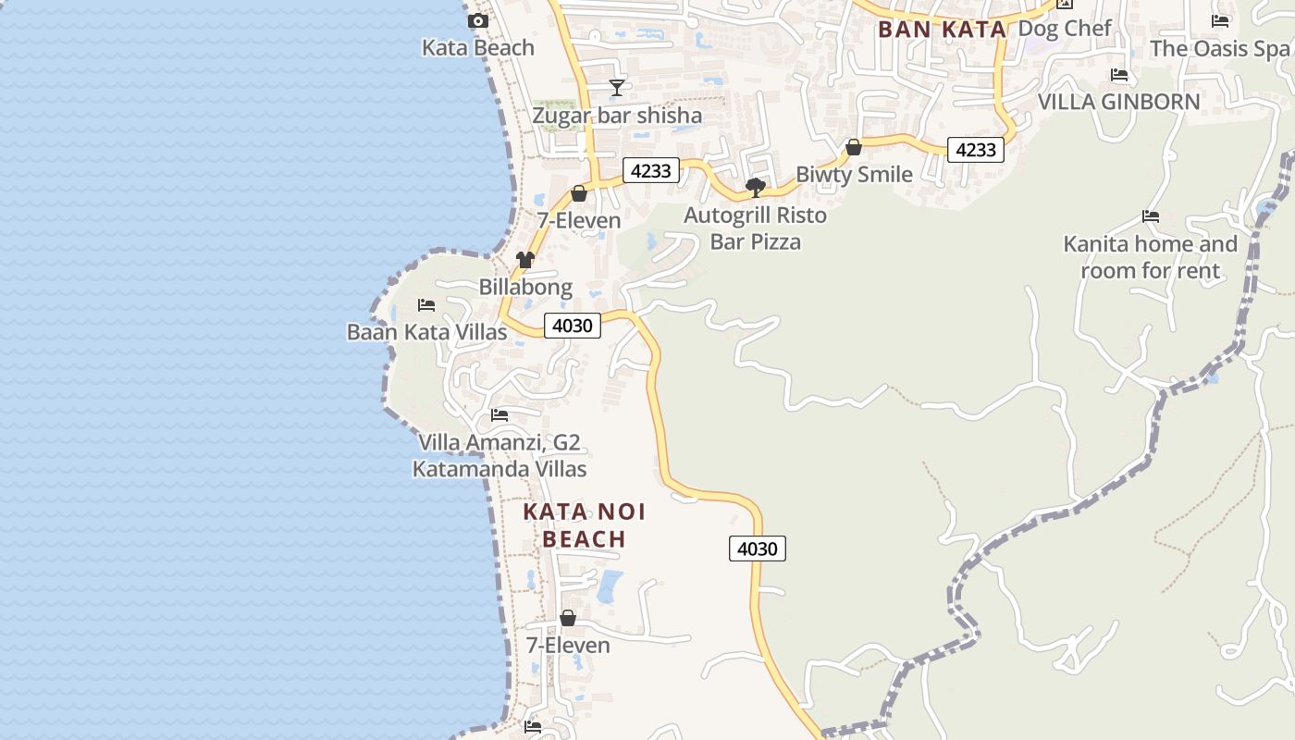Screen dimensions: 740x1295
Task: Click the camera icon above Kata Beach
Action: coord(478,20)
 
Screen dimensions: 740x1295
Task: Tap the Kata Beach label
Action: coord(478,47)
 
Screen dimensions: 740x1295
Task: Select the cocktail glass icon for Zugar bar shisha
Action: coord(617,88)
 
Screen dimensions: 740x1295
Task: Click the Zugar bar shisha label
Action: coord(617,116)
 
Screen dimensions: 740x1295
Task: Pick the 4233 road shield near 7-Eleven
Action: coord(651,170)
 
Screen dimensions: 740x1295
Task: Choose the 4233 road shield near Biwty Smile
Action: coord(976,149)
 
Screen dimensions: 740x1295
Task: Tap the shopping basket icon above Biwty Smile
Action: coord(854,147)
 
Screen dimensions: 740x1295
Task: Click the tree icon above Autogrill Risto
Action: coord(756,188)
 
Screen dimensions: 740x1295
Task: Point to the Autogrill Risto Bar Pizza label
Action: coord(756,228)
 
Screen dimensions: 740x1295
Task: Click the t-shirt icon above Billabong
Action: coord(525,260)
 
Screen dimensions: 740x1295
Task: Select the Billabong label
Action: coord(525,287)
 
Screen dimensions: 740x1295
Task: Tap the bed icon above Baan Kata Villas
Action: coord(426,304)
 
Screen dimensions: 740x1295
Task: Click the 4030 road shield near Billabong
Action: coord(573,326)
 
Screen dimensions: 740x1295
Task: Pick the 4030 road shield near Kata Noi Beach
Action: coord(758,549)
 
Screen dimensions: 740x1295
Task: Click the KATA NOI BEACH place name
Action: coord(585,525)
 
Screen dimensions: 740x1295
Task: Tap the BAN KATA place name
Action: coord(942,30)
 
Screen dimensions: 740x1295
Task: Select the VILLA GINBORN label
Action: coord(1119,102)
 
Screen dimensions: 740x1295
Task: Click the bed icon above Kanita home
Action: coord(1151,216)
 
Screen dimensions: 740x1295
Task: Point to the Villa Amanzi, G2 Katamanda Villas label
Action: coord(499,456)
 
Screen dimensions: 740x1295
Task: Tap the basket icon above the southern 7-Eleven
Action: coord(568,618)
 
